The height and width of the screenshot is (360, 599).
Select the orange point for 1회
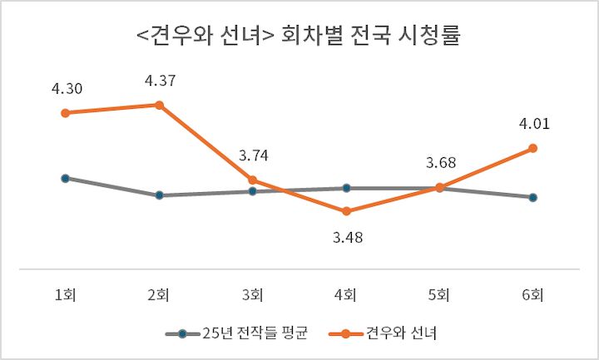pyautogui.click(x=65, y=112)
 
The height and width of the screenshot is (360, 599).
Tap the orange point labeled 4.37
pyautogui.click(x=159, y=105)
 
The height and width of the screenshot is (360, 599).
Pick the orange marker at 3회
pyautogui.click(x=252, y=180)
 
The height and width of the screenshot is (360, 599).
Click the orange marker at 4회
pyautogui.click(x=346, y=211)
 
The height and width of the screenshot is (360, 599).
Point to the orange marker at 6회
pyautogui.click(x=533, y=148)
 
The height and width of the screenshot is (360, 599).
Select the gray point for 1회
pyautogui.click(x=65, y=178)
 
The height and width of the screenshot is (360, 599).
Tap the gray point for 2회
pyautogui.click(x=159, y=195)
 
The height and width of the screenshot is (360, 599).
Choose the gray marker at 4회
pyautogui.click(x=346, y=188)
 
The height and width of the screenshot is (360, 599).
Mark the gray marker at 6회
pyautogui.click(x=533, y=197)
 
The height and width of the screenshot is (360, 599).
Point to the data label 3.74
pyautogui.click(x=252, y=155)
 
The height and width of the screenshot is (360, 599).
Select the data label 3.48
pyautogui.click(x=346, y=237)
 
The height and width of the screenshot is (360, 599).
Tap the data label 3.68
pyautogui.click(x=440, y=163)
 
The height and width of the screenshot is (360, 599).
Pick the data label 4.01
pyautogui.click(x=533, y=124)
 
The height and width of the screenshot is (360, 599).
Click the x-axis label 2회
pyautogui.click(x=159, y=293)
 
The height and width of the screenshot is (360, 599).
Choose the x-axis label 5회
pyautogui.click(x=440, y=293)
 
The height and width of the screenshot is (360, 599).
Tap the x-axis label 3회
pyautogui.click(x=252, y=293)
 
